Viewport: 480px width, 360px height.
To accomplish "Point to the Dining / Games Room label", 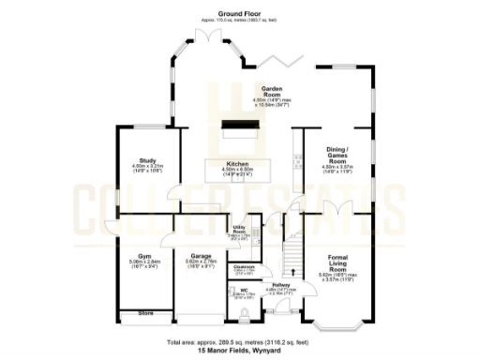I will pyautogui.click(x=337, y=154).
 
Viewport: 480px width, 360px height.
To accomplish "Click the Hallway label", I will pyautogui.click(x=280, y=288).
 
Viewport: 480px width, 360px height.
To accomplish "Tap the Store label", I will pyautogui.click(x=145, y=313).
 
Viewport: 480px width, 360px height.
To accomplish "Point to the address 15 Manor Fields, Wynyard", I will pyautogui.click(x=240, y=352).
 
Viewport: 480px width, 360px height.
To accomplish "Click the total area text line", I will pyautogui.click(x=240, y=343).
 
